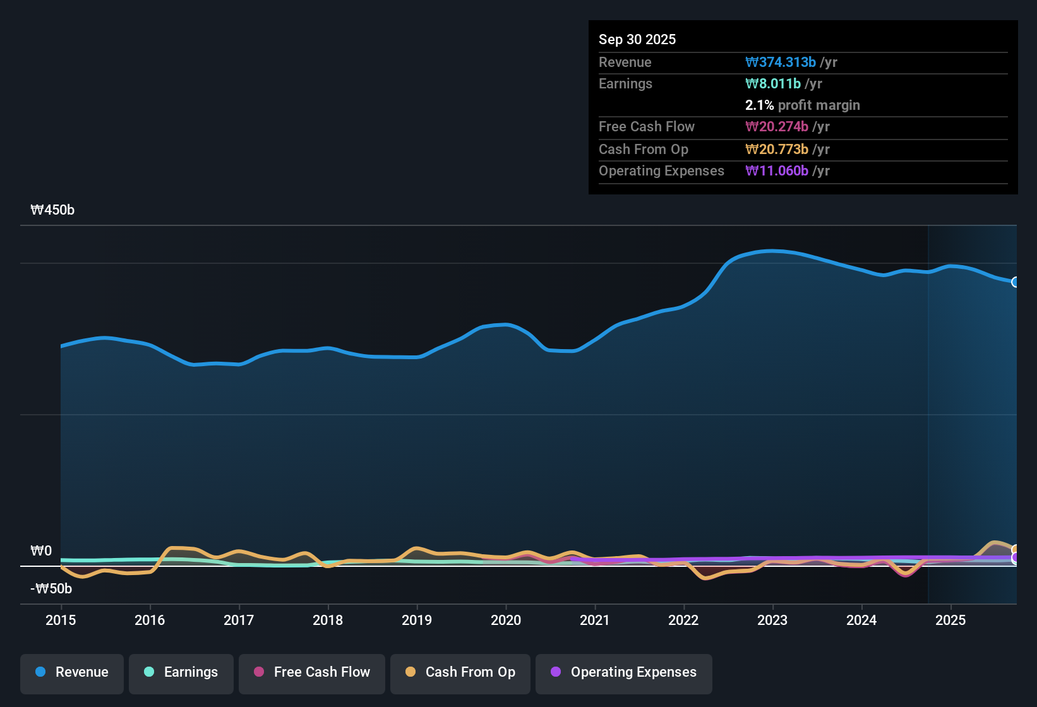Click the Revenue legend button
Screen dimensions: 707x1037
tap(72, 672)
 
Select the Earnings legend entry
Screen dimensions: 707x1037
tap(181, 672)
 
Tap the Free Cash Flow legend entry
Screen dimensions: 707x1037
tap(312, 672)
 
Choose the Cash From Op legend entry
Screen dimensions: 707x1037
tap(460, 672)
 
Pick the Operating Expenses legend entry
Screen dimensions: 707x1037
tap(624, 672)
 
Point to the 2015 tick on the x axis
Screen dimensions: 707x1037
tap(61, 620)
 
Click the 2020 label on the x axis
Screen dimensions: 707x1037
tap(506, 620)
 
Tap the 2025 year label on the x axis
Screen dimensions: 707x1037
tap(950, 620)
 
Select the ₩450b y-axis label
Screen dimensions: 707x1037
tap(52, 210)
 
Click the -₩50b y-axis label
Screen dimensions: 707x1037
tap(51, 589)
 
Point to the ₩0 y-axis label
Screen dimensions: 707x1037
tap(41, 551)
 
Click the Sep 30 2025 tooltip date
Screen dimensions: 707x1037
tap(637, 39)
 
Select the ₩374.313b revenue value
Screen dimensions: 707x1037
tap(781, 62)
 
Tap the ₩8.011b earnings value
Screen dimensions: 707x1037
tap(773, 83)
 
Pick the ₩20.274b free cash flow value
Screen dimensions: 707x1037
tap(777, 126)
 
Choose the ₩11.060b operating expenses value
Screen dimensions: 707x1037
tap(777, 170)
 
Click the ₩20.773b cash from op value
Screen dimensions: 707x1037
tap(777, 149)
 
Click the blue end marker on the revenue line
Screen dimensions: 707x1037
tap(1016, 282)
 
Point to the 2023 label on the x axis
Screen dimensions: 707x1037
tap(772, 620)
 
